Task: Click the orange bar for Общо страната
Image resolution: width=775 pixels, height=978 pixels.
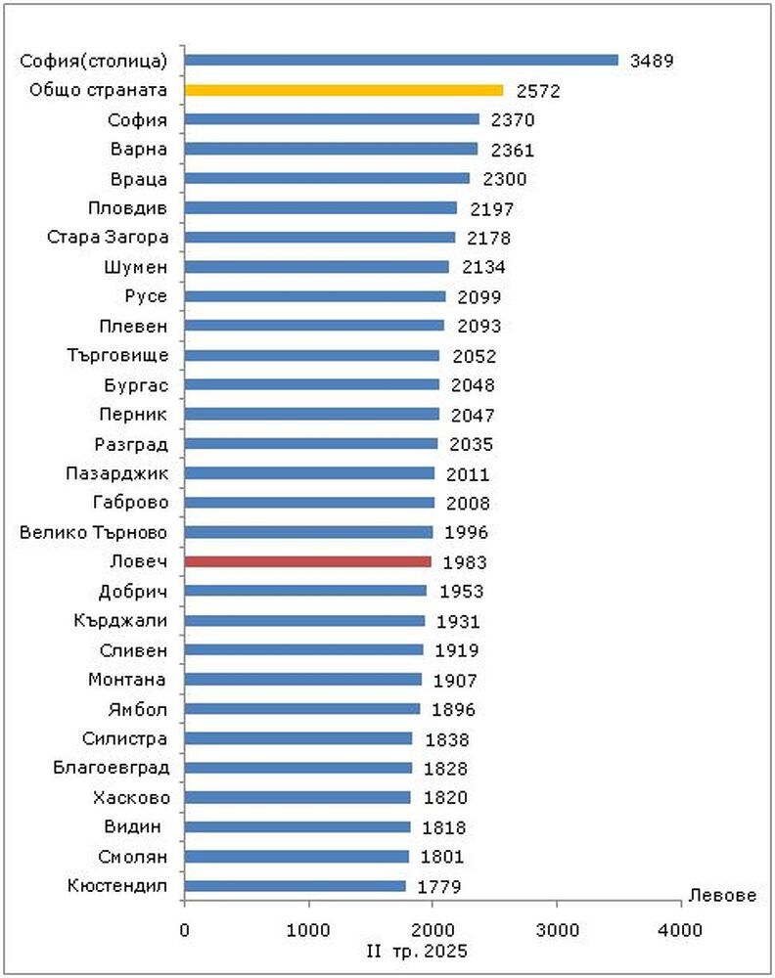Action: [x=343, y=90]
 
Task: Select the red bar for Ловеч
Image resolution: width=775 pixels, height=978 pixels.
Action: [x=307, y=561]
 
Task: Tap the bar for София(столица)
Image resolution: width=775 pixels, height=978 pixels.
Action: [x=401, y=60]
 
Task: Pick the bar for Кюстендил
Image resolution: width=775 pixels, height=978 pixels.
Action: [x=295, y=886]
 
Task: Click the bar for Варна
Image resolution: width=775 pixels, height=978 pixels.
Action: [x=331, y=149]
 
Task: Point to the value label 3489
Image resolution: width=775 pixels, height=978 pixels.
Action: [x=652, y=61]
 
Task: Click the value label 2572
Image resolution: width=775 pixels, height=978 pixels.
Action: [x=537, y=91]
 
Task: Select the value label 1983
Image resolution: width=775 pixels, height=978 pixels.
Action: [x=465, y=562]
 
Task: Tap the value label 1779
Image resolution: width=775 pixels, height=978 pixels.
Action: [x=439, y=887]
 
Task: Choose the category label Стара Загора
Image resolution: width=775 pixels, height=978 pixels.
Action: [x=108, y=238]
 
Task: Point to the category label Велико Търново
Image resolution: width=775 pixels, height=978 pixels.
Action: [x=94, y=533]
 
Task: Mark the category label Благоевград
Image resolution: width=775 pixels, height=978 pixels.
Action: [x=111, y=769]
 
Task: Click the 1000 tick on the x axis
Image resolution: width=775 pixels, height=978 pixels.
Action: [x=309, y=930]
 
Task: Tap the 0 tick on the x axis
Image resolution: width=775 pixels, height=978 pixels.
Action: [x=184, y=930]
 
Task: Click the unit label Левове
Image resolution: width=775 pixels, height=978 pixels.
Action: [x=722, y=896]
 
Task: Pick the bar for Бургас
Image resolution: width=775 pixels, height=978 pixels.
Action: [x=311, y=384]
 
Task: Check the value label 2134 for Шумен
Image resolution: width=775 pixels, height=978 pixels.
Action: [x=483, y=267]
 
